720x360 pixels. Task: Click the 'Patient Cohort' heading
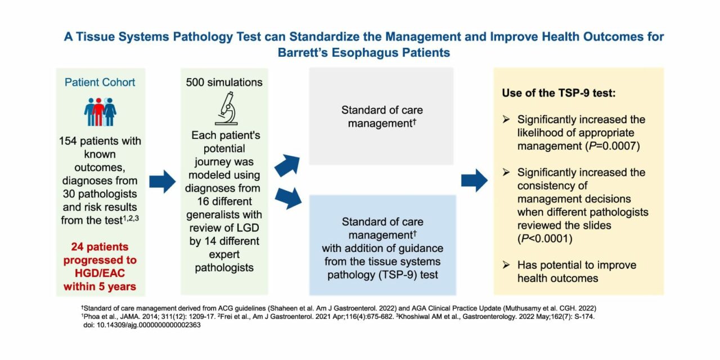100,82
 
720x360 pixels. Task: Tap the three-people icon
100,112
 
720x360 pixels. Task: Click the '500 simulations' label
224,82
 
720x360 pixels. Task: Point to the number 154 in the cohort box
68,141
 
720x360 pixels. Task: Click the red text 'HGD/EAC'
100,273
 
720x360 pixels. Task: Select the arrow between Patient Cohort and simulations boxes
163,181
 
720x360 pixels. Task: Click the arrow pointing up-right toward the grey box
289,165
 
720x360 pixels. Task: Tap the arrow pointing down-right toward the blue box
289,199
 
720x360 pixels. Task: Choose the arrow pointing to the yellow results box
474,181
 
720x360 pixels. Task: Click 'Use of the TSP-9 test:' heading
559,93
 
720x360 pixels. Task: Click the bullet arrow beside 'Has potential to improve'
506,265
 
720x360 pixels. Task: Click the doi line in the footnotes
141,326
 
